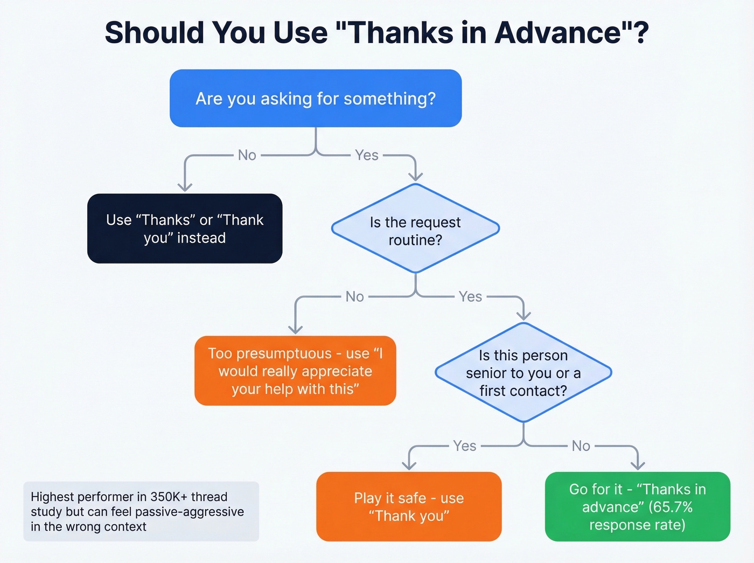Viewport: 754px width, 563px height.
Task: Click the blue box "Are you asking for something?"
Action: pos(316,99)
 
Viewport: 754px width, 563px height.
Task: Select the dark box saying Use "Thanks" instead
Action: pos(185,228)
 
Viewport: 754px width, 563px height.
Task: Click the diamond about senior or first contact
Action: pos(523,373)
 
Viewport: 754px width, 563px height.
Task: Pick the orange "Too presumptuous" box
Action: pos(295,371)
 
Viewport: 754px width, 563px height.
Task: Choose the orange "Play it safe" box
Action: pos(409,506)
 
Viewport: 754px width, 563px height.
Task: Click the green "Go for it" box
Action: pos(637,506)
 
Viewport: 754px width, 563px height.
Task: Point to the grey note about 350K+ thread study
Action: pos(141,511)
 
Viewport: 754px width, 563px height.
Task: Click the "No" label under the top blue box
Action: pos(247,155)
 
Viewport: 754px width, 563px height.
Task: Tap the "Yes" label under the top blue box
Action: pos(367,155)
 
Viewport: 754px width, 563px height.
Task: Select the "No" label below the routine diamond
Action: pos(355,297)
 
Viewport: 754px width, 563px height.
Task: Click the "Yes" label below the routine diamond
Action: pos(470,297)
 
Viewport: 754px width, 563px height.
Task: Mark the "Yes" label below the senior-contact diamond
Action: pos(464,446)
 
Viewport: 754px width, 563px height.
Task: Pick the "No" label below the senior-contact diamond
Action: pos(581,446)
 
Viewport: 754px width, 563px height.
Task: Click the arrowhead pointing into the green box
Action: pos(638,465)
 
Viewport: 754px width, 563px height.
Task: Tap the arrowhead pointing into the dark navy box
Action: pos(185,186)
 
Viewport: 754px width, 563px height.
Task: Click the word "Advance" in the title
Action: pos(557,33)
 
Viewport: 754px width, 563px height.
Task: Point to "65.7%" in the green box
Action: pos(671,507)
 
